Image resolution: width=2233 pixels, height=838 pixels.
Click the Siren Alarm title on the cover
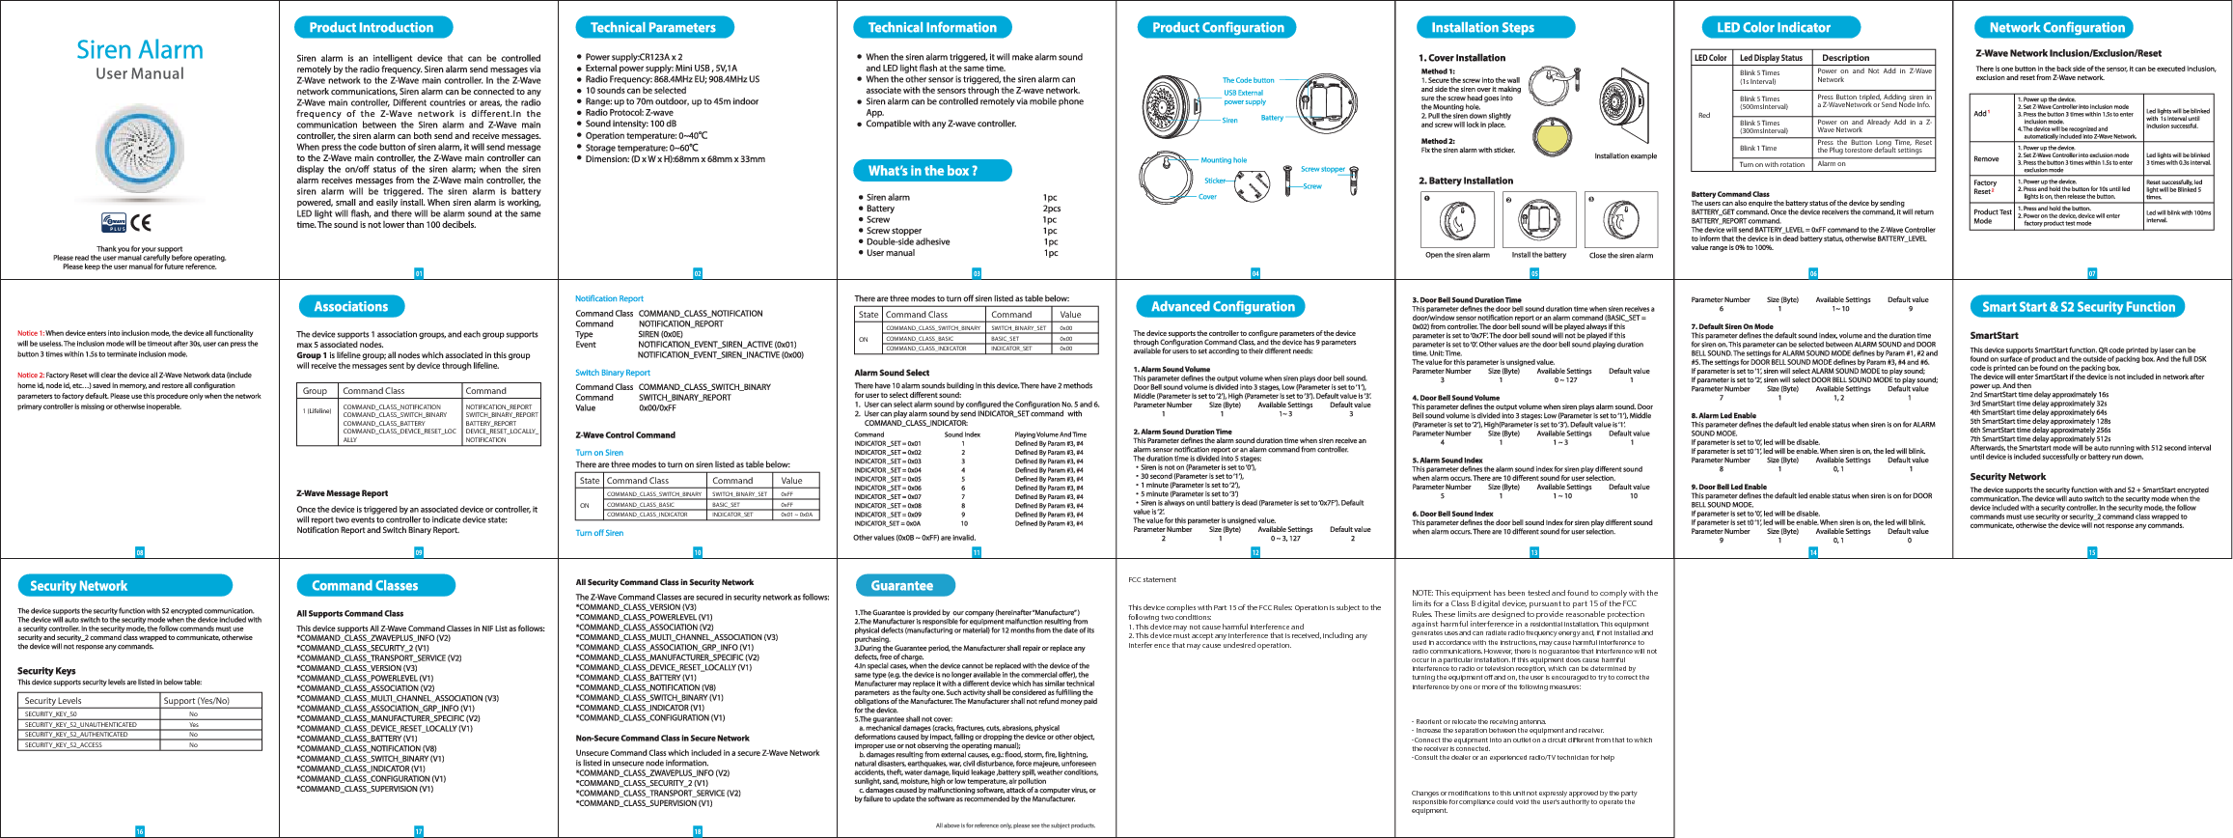[x=140, y=50]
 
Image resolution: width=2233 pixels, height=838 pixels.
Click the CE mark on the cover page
[x=141, y=223]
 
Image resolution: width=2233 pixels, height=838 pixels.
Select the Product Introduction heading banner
[x=372, y=28]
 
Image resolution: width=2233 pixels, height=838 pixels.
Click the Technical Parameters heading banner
[x=652, y=28]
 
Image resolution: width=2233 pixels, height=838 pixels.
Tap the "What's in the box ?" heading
[x=923, y=171]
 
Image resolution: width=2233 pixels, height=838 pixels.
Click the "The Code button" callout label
[x=1248, y=80]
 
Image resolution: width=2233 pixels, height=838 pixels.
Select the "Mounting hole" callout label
[x=1223, y=160]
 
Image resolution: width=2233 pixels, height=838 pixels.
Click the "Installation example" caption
[x=1625, y=155]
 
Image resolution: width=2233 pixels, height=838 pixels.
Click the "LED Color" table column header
[x=1711, y=58]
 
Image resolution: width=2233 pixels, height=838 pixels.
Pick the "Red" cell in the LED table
[x=1704, y=116]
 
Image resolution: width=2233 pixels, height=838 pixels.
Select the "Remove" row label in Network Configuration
[x=1986, y=159]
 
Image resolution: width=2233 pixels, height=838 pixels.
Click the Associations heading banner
[x=351, y=307]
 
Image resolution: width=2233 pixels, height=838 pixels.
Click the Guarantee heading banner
[x=902, y=586]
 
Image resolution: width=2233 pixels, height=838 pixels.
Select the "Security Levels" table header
[x=53, y=701]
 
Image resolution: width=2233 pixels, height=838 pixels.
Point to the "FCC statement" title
[x=1152, y=580]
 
